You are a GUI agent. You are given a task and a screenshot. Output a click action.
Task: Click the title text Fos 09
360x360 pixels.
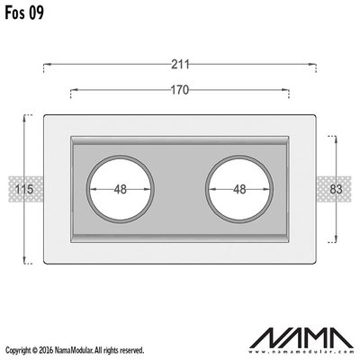(24, 13)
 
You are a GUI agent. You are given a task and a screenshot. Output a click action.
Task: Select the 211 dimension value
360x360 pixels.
(180, 64)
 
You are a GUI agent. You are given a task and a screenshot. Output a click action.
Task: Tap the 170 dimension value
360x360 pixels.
(180, 90)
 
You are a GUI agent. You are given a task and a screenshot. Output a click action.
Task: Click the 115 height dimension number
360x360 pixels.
(24, 189)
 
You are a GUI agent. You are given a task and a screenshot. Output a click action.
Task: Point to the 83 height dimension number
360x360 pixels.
(336, 189)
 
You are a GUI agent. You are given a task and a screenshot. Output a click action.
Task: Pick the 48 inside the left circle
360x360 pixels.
(121, 189)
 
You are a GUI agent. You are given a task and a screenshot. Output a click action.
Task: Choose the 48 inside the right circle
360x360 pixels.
(239, 189)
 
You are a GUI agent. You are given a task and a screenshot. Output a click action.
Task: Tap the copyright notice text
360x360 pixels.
(75, 350)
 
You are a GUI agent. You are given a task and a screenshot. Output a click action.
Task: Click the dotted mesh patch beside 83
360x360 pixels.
(334, 189)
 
